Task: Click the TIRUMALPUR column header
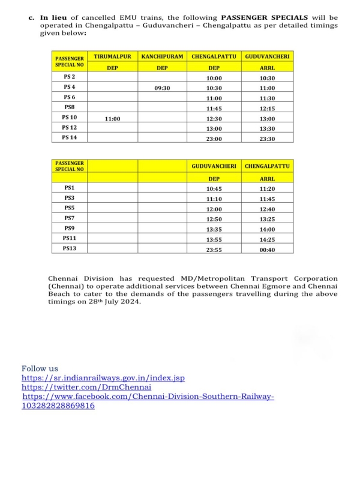112,56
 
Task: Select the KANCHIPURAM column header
162,56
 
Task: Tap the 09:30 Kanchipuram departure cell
162,88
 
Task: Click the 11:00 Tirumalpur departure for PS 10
112,119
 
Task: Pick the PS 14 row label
70,137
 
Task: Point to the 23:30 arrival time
267,139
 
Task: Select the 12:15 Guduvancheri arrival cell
267,109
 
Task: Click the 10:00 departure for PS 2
214,79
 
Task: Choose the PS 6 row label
70,97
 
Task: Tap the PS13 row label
70,248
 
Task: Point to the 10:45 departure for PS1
214,188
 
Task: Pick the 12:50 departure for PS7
214,219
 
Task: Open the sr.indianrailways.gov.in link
103,378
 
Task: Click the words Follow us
40,368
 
